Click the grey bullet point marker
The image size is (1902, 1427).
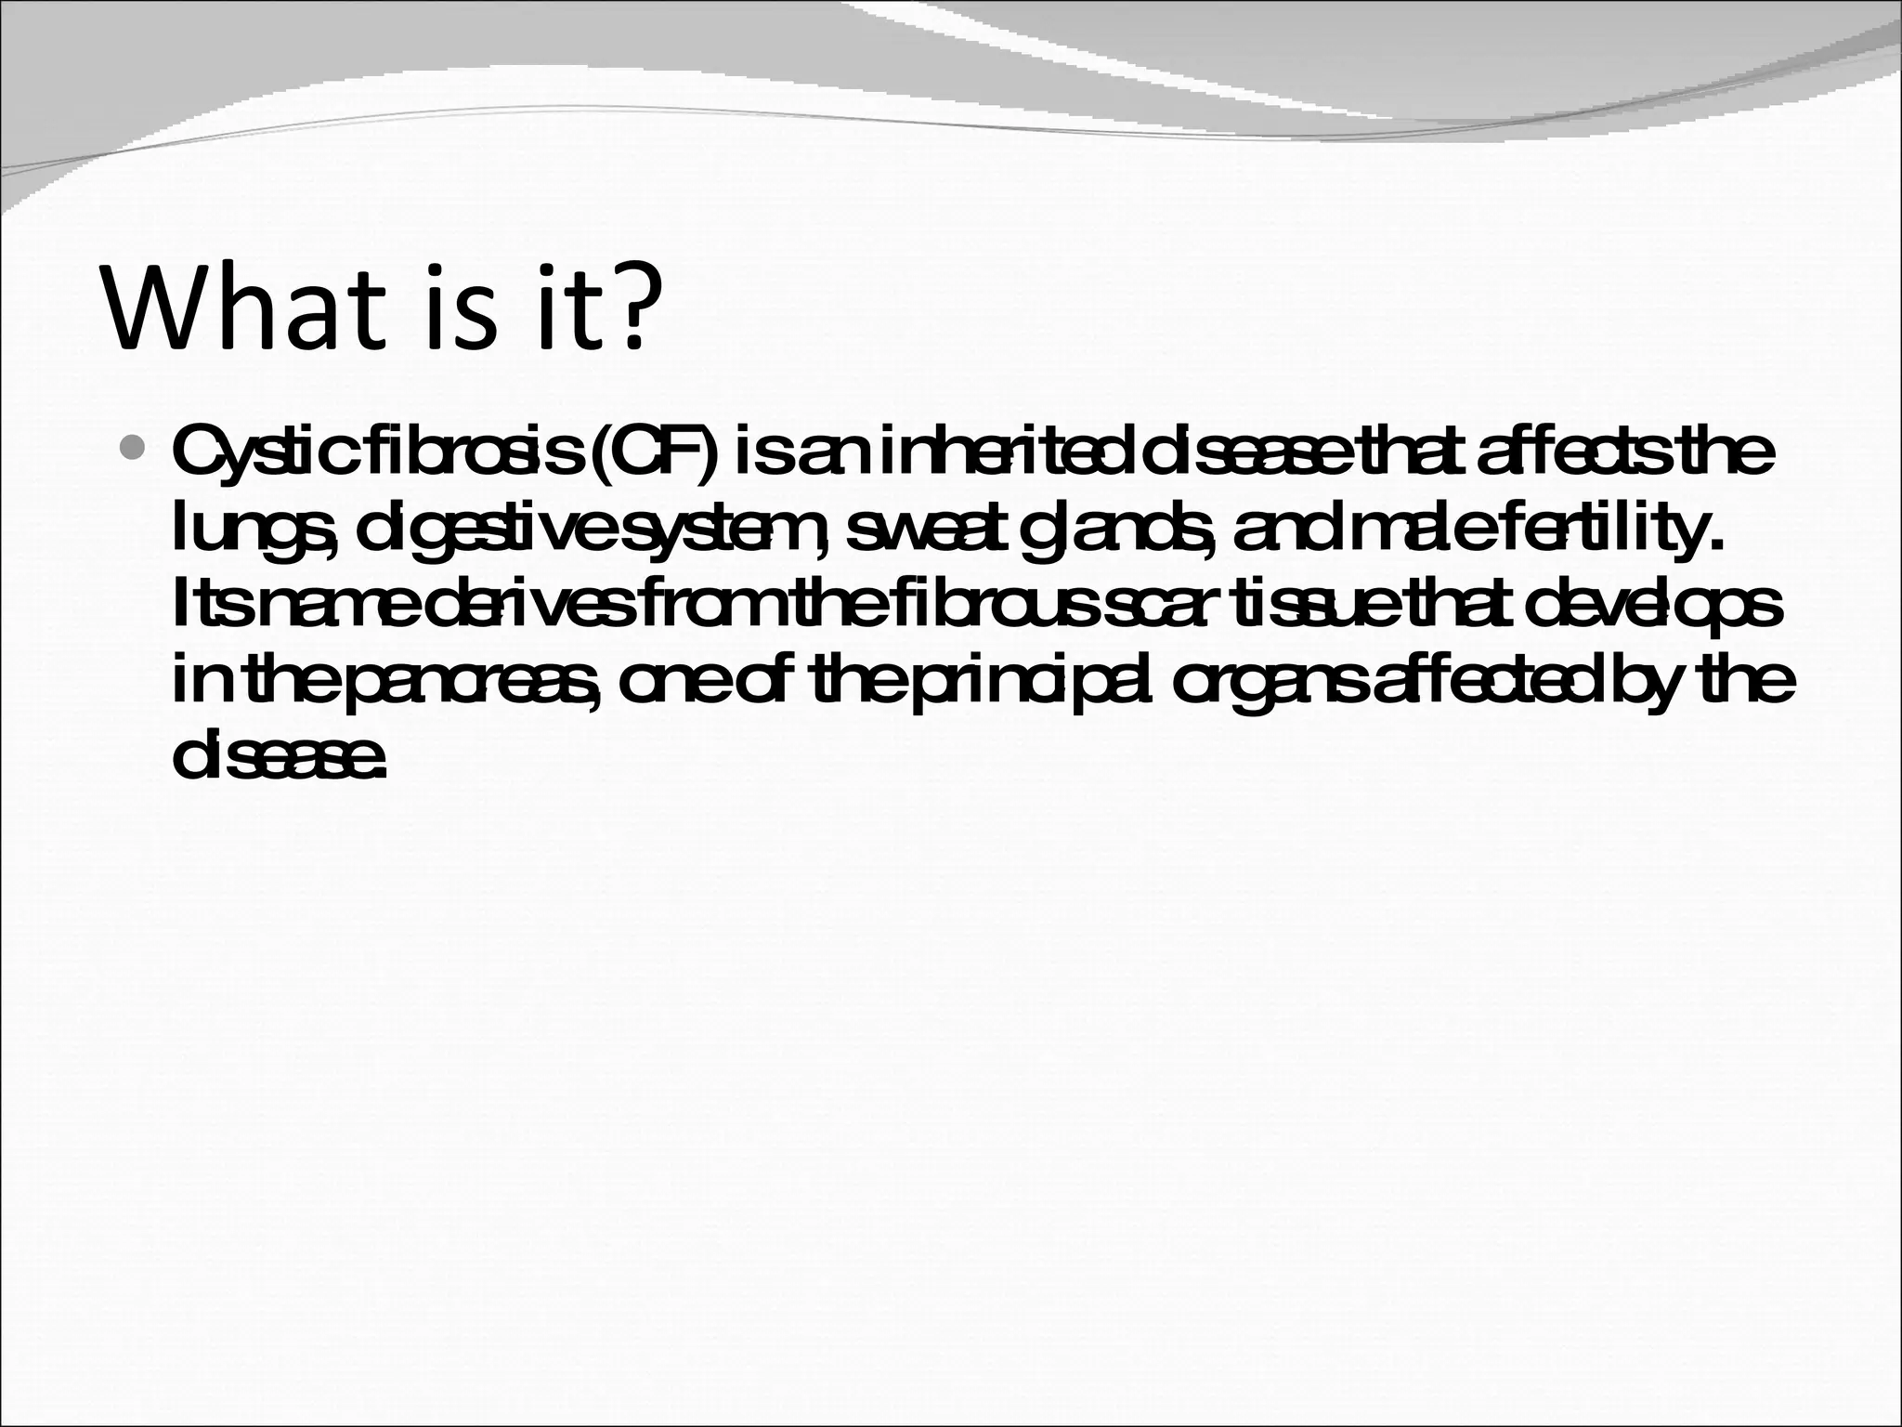pos(134,451)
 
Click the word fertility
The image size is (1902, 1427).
pos(1579,531)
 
